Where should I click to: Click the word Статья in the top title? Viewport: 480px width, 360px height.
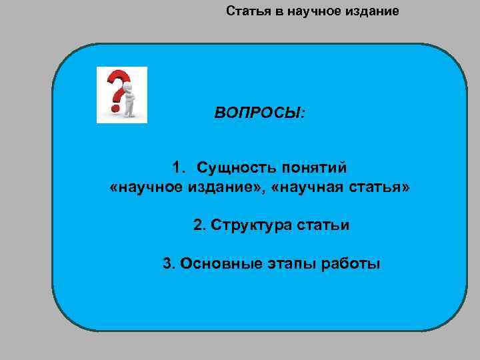(245, 11)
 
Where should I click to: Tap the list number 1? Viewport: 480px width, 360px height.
(177, 166)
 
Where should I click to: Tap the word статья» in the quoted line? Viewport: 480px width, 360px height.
(381, 189)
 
